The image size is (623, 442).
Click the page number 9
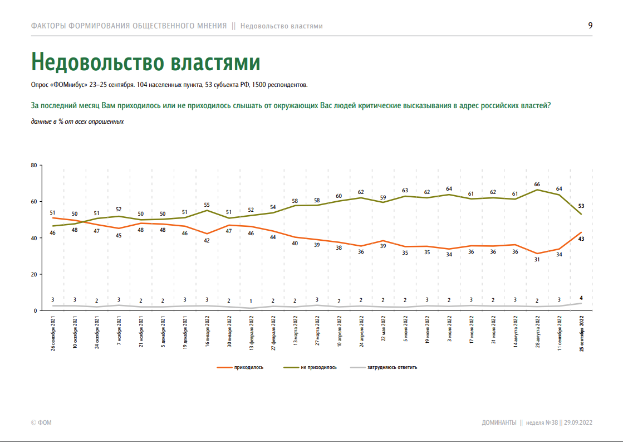590,25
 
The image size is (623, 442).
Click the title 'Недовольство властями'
145,61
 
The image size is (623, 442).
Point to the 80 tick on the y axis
33,166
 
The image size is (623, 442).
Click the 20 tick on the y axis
33,274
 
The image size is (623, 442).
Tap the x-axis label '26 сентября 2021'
53,333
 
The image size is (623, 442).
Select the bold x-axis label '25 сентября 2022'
581,333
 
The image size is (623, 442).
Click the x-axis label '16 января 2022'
207,333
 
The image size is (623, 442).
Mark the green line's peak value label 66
537,184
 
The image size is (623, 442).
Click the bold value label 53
581,206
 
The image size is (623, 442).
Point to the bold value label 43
581,239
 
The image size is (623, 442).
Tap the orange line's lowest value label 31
537,259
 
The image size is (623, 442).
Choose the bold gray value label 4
581,297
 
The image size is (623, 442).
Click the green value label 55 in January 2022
207,205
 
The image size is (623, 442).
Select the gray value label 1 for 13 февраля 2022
251,302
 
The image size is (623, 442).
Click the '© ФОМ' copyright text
41,422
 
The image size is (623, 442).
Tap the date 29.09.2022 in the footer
578,422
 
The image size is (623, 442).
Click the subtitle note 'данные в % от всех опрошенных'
77,121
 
